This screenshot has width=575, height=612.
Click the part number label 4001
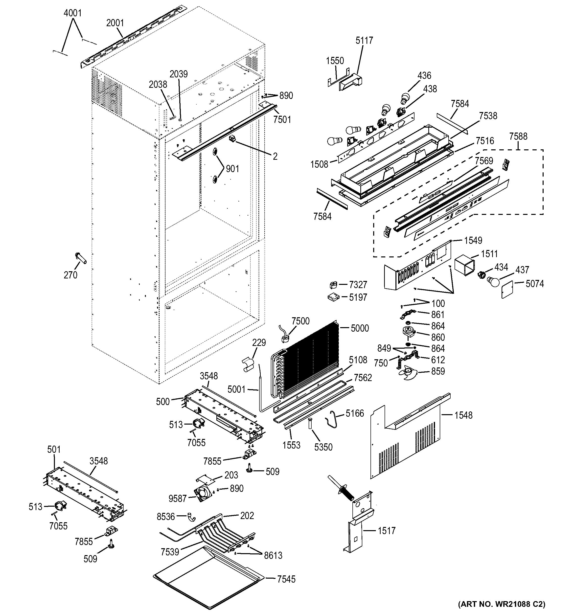(73, 13)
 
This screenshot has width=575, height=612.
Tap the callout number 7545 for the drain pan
(286, 579)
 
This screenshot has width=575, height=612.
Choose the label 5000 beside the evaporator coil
(360, 328)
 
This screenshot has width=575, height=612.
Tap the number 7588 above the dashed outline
(518, 136)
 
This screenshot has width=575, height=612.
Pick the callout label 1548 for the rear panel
(463, 415)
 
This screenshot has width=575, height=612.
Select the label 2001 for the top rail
(115, 23)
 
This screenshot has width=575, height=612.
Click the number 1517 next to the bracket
(387, 530)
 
